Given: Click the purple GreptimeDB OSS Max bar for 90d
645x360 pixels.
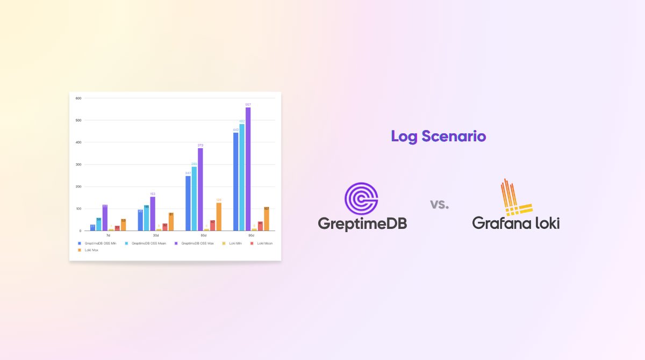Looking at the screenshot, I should pyautogui.click(x=248, y=169).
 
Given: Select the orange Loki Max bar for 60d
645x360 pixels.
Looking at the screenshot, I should pyautogui.click(x=219, y=217).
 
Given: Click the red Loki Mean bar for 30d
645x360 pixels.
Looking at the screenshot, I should pyautogui.click(x=165, y=227).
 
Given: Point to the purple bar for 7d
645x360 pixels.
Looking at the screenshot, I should pyautogui.click(x=105, y=218).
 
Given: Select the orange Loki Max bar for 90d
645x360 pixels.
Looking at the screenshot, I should pyautogui.click(x=267, y=219).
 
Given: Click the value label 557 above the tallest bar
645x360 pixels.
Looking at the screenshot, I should pyautogui.click(x=248, y=104).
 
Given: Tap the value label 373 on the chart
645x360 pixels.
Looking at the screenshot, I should pyautogui.click(x=200, y=145).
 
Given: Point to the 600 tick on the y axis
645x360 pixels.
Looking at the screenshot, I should pyautogui.click(x=78, y=98).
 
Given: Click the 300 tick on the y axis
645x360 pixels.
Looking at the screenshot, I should pyautogui.click(x=78, y=164).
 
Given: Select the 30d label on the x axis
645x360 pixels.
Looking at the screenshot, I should pyautogui.click(x=155, y=235).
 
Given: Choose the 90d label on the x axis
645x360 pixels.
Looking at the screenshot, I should pyautogui.click(x=251, y=235).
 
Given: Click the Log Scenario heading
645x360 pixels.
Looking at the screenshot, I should pyautogui.click(x=438, y=136).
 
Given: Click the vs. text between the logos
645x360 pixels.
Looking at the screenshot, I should pyautogui.click(x=439, y=205).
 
